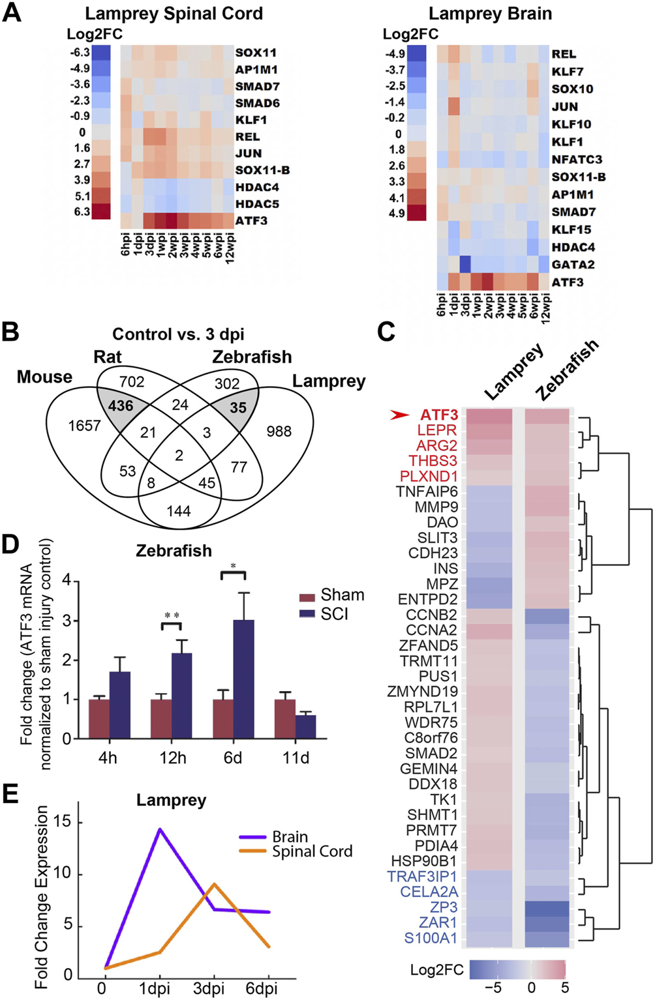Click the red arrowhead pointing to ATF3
tap(400, 415)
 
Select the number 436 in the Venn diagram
tap(121, 405)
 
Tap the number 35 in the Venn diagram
tap(238, 407)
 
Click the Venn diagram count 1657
tap(85, 426)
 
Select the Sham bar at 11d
tap(284, 718)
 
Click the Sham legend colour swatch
tap(307, 596)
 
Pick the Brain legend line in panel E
tap(252, 836)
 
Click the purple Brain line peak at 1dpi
tap(159, 829)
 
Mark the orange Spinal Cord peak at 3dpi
tap(214, 885)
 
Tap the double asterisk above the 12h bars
tap(172, 615)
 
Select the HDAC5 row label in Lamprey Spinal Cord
tap(256, 203)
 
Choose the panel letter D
tap(10, 545)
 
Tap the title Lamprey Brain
tap(490, 13)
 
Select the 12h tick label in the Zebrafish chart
tap(172, 758)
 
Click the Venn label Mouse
tap(44, 377)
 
